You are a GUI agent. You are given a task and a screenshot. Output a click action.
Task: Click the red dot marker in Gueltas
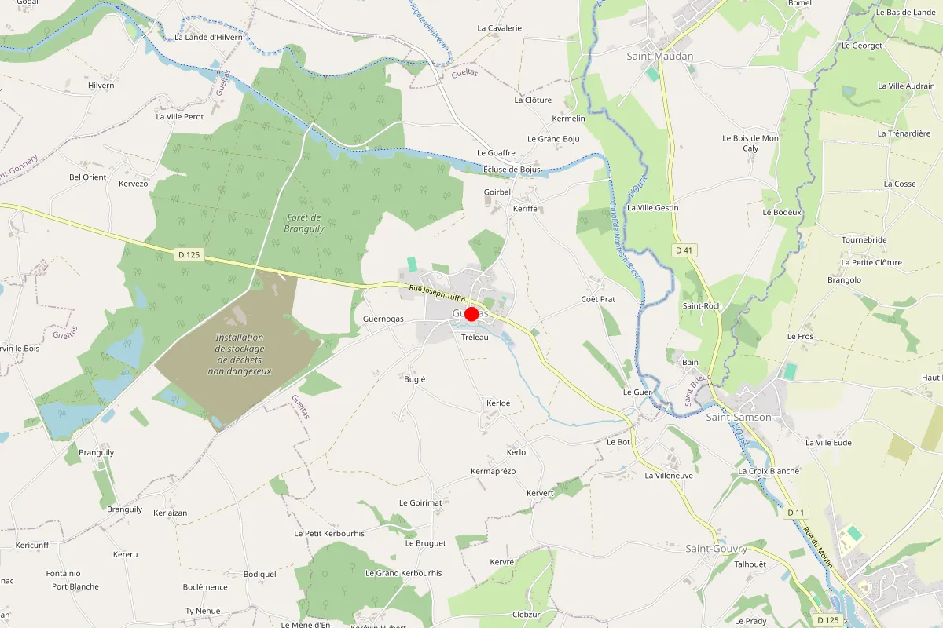click(472, 314)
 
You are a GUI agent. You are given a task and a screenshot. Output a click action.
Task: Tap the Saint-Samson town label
click(738, 417)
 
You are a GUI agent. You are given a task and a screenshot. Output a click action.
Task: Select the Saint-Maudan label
click(660, 57)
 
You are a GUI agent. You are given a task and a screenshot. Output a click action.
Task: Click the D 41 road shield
click(684, 250)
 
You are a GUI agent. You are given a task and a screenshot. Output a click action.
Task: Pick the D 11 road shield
click(796, 512)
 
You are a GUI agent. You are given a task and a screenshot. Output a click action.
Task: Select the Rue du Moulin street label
click(817, 542)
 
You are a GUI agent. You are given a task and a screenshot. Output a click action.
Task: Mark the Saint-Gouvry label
click(716, 548)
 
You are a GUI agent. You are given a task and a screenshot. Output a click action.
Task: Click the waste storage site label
click(240, 354)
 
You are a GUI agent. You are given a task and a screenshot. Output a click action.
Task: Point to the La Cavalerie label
click(499, 28)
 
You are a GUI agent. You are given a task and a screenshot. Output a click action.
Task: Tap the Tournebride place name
click(864, 239)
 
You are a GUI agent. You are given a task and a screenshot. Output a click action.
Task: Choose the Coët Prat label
click(597, 299)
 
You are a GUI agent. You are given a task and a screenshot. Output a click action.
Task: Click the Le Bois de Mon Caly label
click(750, 143)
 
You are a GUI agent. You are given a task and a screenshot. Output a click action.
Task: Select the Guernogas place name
click(383, 319)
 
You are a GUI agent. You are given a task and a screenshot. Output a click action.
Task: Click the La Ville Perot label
click(180, 117)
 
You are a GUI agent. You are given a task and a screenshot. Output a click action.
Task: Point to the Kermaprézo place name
click(493, 471)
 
